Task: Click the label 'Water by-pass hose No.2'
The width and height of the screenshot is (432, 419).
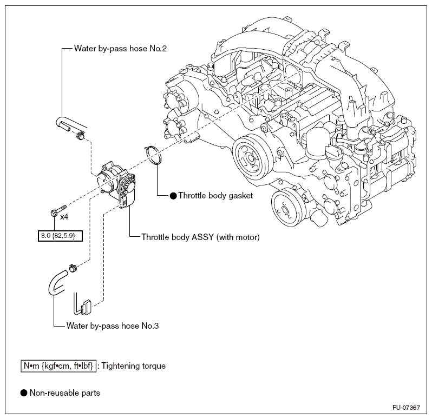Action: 120,49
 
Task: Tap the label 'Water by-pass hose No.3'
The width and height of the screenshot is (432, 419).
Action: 113,326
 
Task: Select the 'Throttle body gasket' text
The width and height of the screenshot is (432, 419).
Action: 215,196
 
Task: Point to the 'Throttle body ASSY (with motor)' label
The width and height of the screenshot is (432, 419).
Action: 200,237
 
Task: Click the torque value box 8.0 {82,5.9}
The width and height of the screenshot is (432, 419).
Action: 60,236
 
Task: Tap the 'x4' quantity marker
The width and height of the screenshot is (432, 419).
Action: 64,217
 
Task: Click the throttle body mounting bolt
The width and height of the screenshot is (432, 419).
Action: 58,210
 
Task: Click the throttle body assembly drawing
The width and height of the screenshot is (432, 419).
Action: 117,184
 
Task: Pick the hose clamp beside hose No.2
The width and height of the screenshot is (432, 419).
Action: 81,136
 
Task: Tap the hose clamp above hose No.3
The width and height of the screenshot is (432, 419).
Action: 73,268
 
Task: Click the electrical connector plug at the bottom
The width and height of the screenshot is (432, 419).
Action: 86,307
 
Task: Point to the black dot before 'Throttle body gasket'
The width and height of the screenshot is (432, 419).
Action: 173,196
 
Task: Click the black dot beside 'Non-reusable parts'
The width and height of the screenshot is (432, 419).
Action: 24,393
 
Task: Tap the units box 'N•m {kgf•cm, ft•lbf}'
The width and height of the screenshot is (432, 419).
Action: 58,366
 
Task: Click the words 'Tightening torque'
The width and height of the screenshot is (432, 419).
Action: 134,366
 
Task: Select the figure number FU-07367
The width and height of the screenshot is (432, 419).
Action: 407,408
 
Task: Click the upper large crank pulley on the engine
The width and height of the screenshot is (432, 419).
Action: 251,157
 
